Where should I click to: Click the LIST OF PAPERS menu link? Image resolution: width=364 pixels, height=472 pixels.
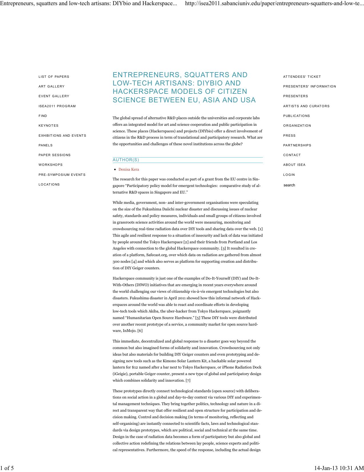pos(54,77)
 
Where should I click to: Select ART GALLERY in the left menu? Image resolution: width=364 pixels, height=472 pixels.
pos(52,86)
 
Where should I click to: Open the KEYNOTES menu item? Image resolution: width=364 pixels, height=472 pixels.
pos(49,126)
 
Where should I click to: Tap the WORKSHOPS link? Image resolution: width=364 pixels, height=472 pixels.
pos(51,165)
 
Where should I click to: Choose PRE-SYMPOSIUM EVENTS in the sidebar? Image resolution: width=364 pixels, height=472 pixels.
pos(62,175)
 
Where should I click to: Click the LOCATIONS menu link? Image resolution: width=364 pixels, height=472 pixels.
pos(49,184)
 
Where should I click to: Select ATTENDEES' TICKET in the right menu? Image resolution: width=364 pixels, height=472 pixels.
pos(302,77)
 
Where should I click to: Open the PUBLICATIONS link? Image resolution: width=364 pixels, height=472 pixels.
pos(296,116)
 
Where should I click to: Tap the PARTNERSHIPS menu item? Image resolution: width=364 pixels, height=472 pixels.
pos(297,145)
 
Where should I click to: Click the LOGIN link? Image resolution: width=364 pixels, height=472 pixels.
pos(289,175)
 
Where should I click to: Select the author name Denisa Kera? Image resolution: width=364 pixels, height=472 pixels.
pos(129,170)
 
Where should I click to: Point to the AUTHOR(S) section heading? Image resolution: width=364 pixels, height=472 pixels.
pos(126,160)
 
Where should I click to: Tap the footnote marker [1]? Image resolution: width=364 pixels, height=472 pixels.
pos(260,229)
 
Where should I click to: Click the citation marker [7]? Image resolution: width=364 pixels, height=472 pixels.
pos(188,380)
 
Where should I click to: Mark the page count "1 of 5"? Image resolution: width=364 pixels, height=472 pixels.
pos(7,468)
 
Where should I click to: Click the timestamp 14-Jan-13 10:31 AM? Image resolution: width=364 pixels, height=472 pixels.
pos(339,468)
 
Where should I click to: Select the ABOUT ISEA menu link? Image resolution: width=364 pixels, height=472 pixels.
pos(294,165)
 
